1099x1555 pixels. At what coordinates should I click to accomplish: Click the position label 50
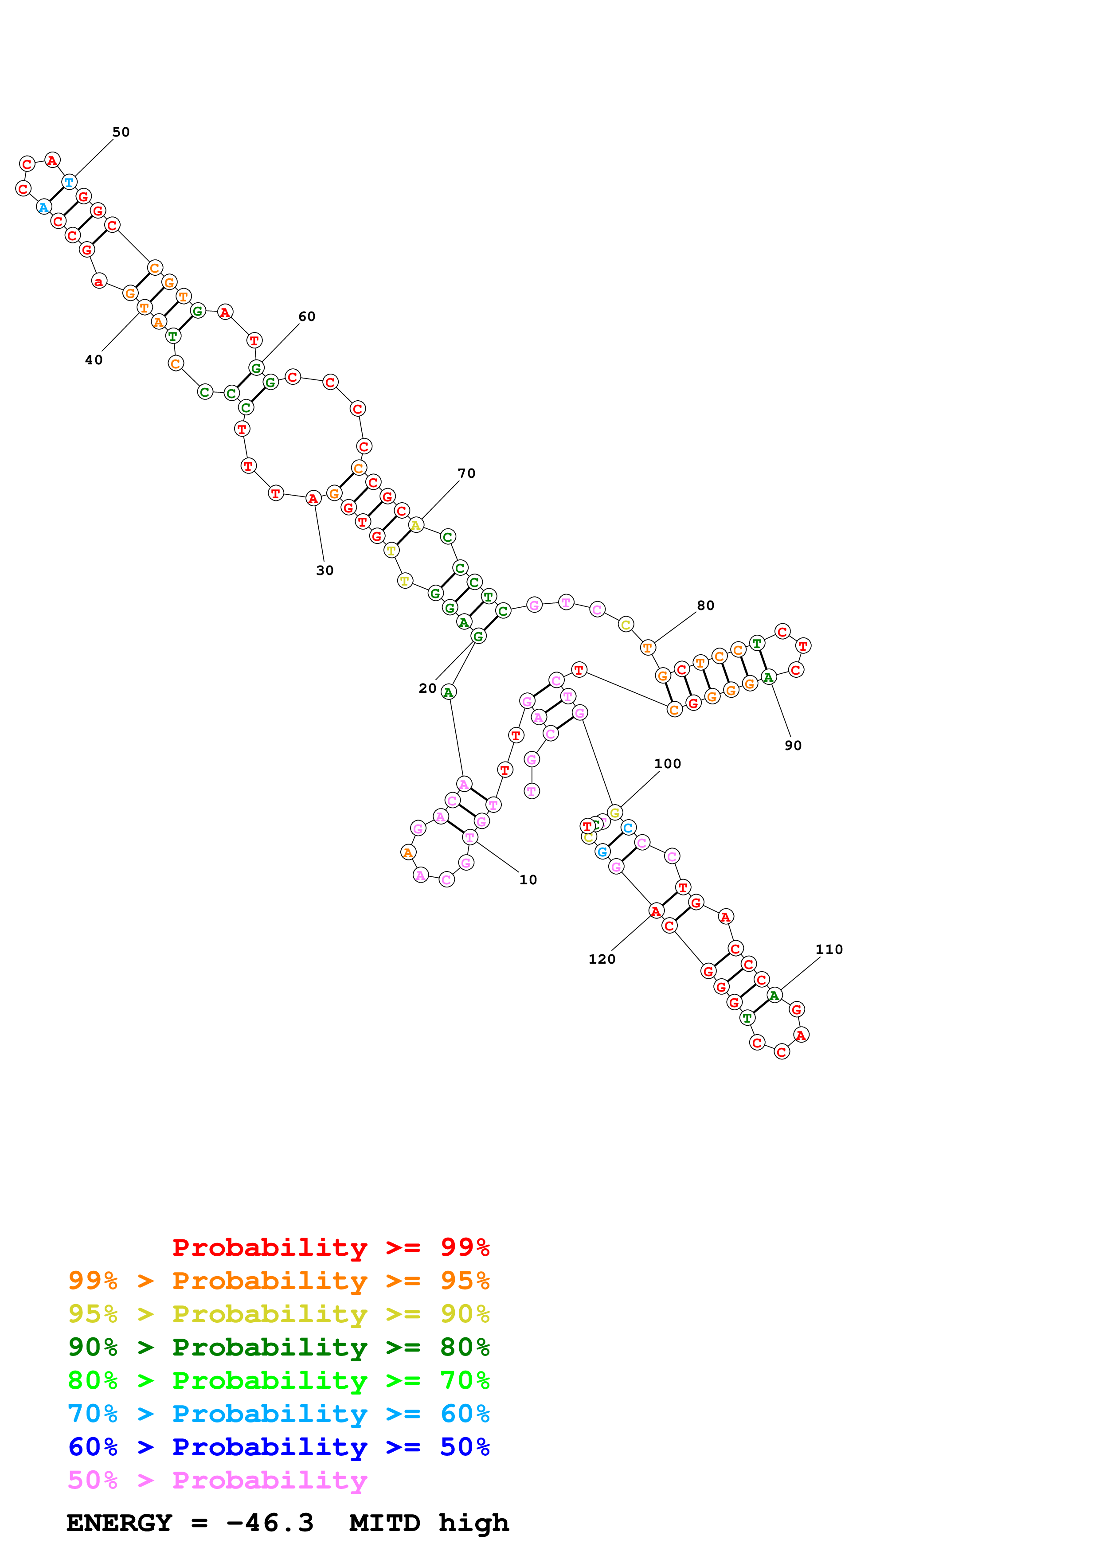pyautogui.click(x=121, y=132)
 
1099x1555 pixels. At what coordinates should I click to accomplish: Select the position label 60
pyautogui.click(x=307, y=316)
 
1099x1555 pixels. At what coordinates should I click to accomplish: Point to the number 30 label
pyautogui.click(x=325, y=570)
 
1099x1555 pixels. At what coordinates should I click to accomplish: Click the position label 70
pyautogui.click(x=466, y=473)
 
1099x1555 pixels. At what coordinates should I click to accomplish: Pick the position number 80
pyautogui.click(x=706, y=606)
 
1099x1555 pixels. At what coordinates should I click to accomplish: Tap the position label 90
pyautogui.click(x=793, y=746)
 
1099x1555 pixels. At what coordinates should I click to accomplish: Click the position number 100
pyautogui.click(x=667, y=764)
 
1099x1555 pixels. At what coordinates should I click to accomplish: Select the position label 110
pyautogui.click(x=829, y=949)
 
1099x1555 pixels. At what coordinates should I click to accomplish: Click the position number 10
pyautogui.click(x=528, y=880)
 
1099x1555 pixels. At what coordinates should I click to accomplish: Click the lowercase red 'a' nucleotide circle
pyautogui.click(x=99, y=281)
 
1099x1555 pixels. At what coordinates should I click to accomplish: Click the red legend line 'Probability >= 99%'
pyautogui.click(x=330, y=1247)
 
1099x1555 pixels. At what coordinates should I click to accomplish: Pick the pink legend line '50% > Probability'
pyautogui.click(x=217, y=1480)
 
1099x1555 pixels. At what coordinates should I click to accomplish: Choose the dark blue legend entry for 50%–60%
pyautogui.click(x=278, y=1447)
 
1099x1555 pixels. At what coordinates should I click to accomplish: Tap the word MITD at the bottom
pyautogui.click(x=384, y=1523)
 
